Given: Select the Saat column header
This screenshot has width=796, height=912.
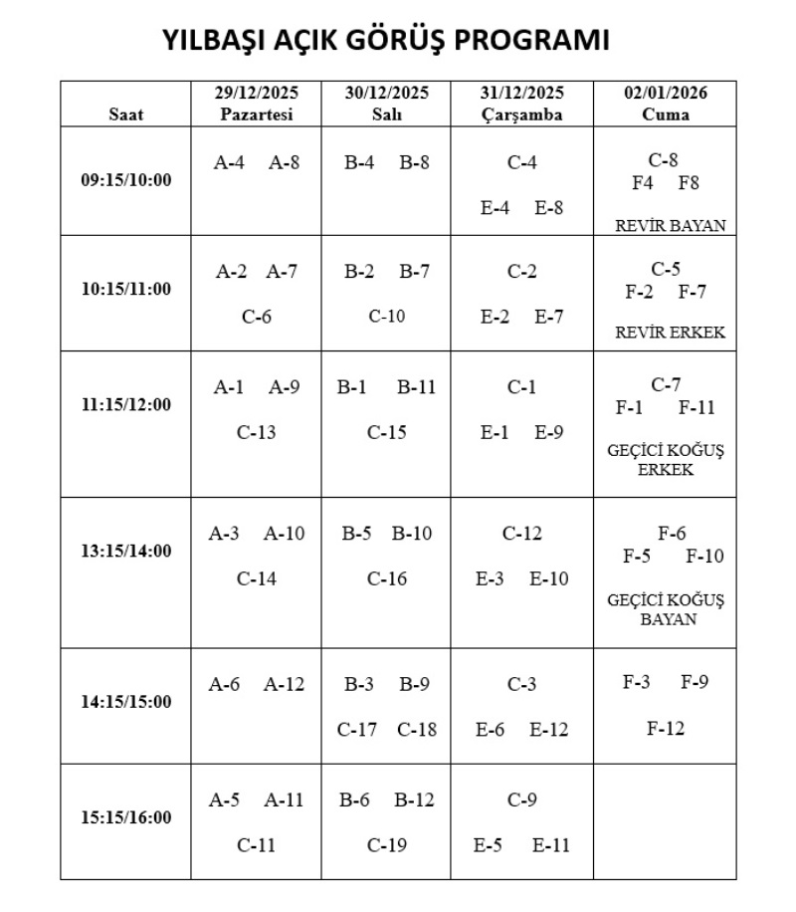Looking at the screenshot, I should click(x=125, y=114).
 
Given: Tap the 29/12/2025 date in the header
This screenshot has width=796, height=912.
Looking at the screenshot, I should click(x=256, y=94).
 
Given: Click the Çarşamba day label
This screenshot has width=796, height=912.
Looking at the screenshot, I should click(x=521, y=114).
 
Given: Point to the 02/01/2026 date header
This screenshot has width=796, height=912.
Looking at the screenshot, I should click(x=666, y=94).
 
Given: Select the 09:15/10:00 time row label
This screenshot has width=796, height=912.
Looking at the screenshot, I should click(x=125, y=180).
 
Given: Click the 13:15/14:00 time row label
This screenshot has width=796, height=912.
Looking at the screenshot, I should click(x=125, y=551).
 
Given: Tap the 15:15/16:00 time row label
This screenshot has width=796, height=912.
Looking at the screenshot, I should click(x=125, y=817).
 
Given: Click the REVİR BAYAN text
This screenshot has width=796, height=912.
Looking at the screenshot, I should click(x=671, y=226).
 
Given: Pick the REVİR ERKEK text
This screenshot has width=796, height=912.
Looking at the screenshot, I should click(x=671, y=333).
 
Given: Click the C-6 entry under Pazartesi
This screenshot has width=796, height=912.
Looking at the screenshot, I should click(x=256, y=317).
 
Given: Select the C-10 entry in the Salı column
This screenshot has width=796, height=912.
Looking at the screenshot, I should click(x=387, y=317).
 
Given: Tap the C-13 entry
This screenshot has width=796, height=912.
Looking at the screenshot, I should click(x=256, y=432).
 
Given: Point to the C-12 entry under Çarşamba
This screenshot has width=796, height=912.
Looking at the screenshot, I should click(x=521, y=534).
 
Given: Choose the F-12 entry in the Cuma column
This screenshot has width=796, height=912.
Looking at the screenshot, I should click(x=666, y=729).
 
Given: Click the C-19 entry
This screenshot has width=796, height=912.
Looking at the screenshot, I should click(x=387, y=846).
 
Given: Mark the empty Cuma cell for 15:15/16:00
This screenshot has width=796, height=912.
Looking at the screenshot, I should click(x=666, y=821).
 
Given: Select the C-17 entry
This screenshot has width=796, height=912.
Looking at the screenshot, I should click(x=357, y=730).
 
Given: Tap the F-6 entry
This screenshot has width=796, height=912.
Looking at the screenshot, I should click(x=672, y=534).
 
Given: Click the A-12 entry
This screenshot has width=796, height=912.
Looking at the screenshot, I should click(x=285, y=685).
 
